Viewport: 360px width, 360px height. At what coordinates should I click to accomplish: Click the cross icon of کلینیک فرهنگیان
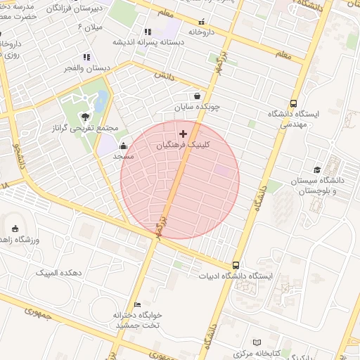tap(183, 134)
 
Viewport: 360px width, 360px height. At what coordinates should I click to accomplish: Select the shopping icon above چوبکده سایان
tap(197, 96)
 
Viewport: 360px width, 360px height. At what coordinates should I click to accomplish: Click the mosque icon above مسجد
tap(124, 146)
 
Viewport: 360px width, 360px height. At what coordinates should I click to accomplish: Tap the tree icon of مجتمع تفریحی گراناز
tap(85, 117)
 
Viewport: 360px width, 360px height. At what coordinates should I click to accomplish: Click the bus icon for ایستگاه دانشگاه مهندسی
tap(293, 103)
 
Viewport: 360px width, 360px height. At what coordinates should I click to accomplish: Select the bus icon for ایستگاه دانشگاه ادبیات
tap(236, 266)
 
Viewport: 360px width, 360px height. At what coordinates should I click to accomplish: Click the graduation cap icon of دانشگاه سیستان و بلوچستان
tap(317, 169)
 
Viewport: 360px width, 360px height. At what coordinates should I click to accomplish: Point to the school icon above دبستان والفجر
tap(86, 57)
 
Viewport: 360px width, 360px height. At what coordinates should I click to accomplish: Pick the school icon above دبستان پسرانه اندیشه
tap(148, 32)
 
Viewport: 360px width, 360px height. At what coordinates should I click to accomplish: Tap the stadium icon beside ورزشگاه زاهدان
tap(15, 228)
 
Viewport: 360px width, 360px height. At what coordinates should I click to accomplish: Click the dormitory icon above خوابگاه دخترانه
tap(138, 304)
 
